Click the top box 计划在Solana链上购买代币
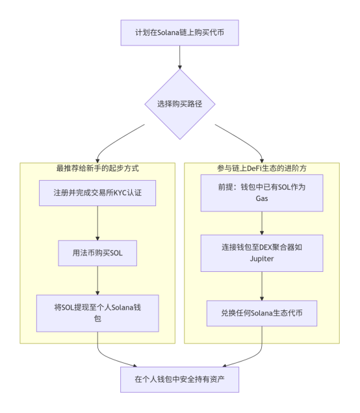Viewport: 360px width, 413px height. point(179,32)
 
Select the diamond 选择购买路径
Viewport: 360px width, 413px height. point(179,103)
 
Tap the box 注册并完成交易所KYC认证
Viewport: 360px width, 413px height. point(97,193)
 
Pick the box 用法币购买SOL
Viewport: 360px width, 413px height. point(97,252)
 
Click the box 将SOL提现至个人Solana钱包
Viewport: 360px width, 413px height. point(97,313)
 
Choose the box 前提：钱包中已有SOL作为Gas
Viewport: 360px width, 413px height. point(262,193)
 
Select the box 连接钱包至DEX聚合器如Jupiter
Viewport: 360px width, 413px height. point(262,252)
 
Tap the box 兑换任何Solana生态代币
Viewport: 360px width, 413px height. point(262,313)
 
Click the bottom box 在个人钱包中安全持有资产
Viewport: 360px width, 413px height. point(179,379)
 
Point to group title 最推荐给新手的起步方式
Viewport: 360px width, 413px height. point(97,168)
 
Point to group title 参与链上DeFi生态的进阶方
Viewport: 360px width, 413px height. point(262,168)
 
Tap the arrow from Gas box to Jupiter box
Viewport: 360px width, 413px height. point(262,222)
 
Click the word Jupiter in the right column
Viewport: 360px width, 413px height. point(262,258)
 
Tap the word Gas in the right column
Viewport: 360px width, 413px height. point(262,198)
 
